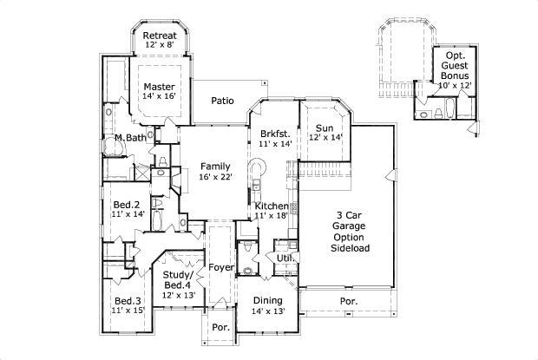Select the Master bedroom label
coord(160,87)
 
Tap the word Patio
coord(223,101)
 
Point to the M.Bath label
coord(129,138)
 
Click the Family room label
coord(214,166)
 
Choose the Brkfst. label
coord(275,134)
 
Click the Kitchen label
coord(272,206)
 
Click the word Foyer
coord(222,267)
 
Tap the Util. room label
coord(285,259)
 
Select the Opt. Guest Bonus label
coord(454,65)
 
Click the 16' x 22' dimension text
coord(214,177)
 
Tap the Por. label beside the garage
coord(348,301)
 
